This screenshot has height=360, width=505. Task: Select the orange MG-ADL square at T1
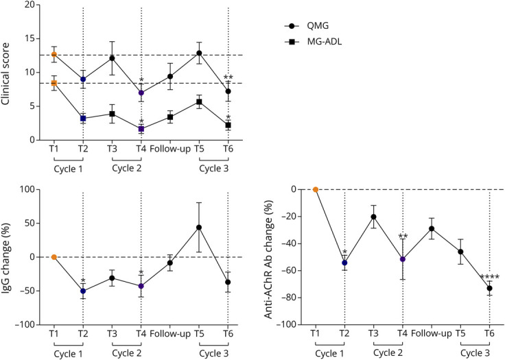click(54, 83)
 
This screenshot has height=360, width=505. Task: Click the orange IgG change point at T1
click(54, 256)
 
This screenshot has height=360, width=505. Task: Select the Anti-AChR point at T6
click(489, 288)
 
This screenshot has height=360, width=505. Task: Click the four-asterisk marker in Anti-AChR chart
click(489, 277)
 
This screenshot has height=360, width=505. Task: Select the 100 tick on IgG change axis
click(30, 189)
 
